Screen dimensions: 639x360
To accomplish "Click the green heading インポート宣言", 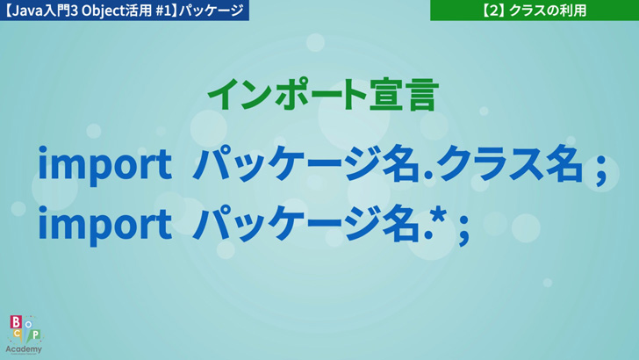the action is pyautogui.click(x=323, y=95).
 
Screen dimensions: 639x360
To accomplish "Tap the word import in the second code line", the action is pyautogui.click(x=104, y=225).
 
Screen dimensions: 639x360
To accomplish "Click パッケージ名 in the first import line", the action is pyautogui.click(x=305, y=164).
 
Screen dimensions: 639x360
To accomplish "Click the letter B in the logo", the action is pyautogui.click(x=16, y=322).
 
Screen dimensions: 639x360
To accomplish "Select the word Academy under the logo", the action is pyautogui.click(x=24, y=349).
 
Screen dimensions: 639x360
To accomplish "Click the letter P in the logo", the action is pyautogui.click(x=36, y=335).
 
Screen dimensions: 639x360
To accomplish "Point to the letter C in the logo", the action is pyautogui.click(x=18, y=334).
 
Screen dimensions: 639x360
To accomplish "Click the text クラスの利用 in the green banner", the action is pyautogui.click(x=548, y=11).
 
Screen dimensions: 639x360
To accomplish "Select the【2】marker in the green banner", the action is pyautogui.click(x=493, y=11).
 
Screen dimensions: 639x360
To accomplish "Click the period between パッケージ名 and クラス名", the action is pyautogui.click(x=427, y=177).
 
